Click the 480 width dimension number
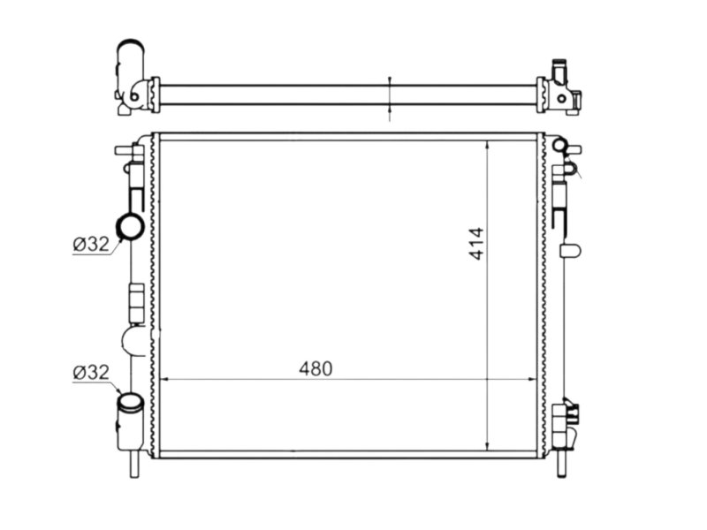tap(315, 368)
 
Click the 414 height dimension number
tap(476, 244)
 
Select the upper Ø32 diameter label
tap(91, 245)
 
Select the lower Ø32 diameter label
tap(91, 372)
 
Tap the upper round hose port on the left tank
tap(130, 227)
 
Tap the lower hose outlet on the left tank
tap(130, 421)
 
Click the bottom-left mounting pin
tap(134, 464)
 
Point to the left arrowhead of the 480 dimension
tap(165, 380)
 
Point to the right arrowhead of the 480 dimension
tap(532, 380)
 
